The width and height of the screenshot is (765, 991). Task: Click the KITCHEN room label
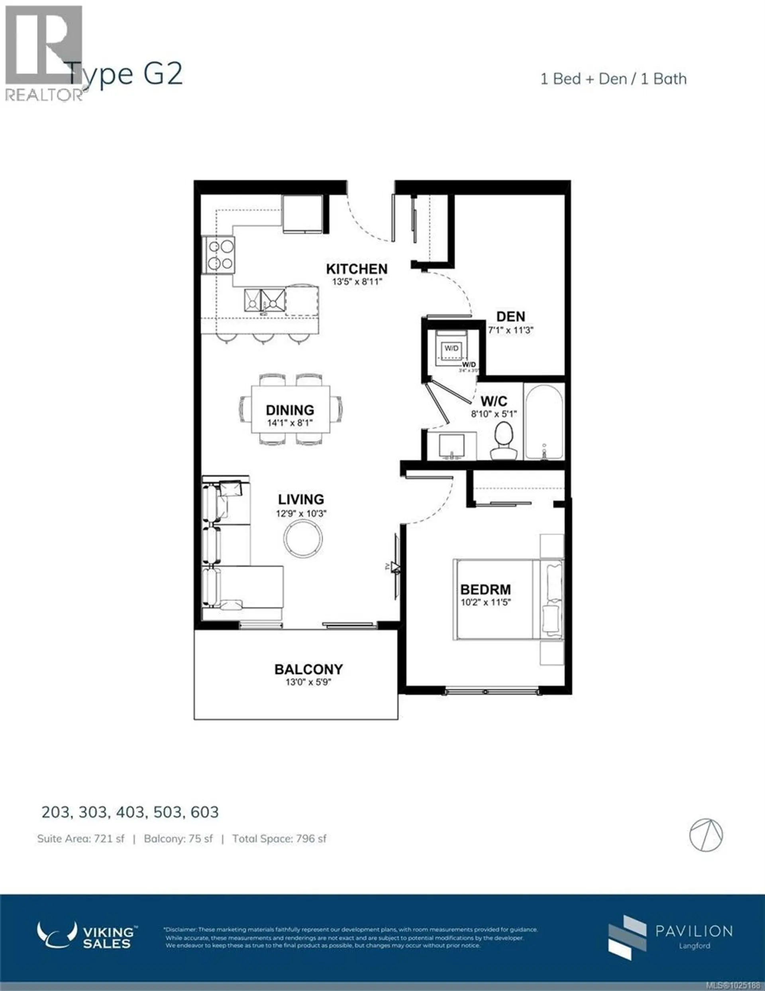click(357, 269)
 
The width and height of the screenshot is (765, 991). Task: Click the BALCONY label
click(308, 669)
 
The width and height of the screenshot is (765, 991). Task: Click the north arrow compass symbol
click(706, 835)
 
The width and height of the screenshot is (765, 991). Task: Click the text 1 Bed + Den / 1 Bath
click(613, 79)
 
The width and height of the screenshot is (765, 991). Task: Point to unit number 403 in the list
click(131, 812)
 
